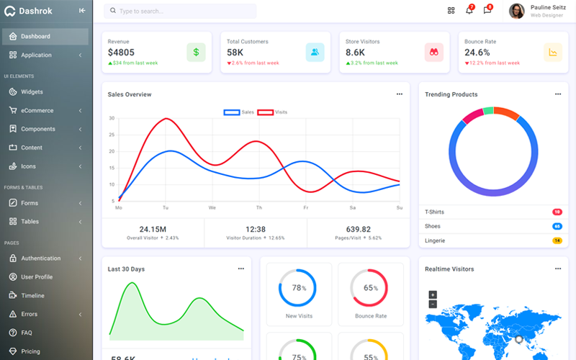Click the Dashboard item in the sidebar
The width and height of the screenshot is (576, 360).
(35, 37)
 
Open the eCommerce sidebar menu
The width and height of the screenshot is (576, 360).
(37, 111)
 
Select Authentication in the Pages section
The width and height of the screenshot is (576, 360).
(41, 258)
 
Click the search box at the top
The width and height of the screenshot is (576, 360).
(180, 12)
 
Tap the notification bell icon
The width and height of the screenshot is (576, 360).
(469, 11)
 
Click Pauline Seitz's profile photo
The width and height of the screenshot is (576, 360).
(516, 11)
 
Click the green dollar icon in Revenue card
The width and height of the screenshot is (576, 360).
(196, 52)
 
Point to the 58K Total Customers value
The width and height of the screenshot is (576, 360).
(235, 53)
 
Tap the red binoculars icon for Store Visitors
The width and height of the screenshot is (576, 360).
(434, 52)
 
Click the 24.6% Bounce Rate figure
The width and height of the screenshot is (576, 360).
(477, 53)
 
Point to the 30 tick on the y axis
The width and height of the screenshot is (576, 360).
(112, 118)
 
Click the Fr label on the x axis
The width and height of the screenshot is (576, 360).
(306, 207)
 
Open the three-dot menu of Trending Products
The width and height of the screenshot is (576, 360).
(557, 94)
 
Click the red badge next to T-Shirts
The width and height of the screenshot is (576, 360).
(557, 212)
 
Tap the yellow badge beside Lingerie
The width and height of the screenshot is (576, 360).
(557, 240)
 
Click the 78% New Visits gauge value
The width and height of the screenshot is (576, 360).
(297, 288)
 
